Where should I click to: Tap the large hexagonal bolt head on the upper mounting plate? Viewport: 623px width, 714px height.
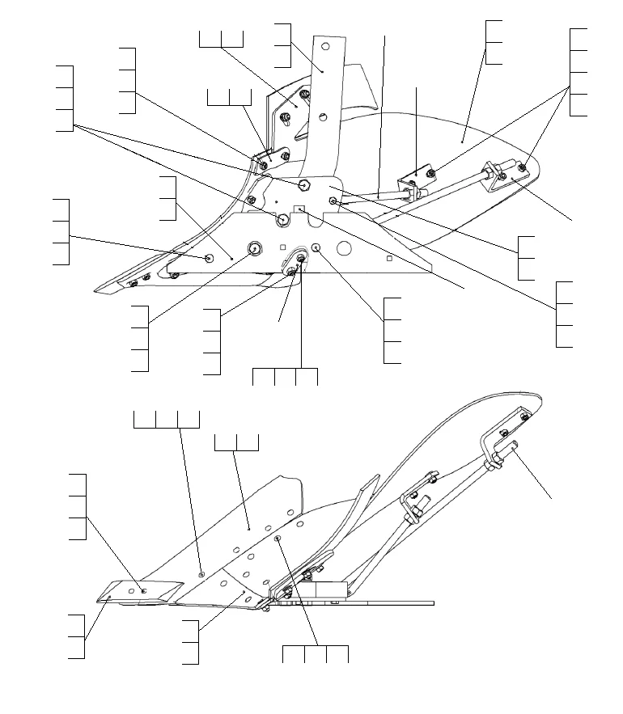click(x=304, y=185)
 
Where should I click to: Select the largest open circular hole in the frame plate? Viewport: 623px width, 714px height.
click(x=344, y=247)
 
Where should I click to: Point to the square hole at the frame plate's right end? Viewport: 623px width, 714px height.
click(x=389, y=258)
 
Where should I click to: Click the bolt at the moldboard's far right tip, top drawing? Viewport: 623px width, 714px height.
click(x=522, y=168)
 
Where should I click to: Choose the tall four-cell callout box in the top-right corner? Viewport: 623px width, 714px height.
click(x=578, y=71)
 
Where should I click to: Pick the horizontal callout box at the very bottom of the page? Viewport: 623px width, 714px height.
click(x=315, y=654)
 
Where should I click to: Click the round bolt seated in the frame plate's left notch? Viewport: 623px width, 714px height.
click(x=283, y=219)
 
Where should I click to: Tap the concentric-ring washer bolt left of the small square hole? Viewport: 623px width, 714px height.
click(x=255, y=248)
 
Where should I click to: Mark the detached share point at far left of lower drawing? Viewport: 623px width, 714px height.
click(x=134, y=593)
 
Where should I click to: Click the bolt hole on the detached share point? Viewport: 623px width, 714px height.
click(x=143, y=591)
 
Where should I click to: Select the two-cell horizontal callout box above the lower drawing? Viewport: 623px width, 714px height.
click(x=236, y=442)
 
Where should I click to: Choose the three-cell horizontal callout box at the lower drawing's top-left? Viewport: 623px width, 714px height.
click(x=166, y=419)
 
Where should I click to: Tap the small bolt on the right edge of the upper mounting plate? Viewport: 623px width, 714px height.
click(x=333, y=198)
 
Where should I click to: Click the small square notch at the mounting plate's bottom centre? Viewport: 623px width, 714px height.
click(x=300, y=209)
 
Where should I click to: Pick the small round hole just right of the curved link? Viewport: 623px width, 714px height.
click(x=316, y=248)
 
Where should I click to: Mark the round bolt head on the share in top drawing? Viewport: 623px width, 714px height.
click(x=210, y=258)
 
